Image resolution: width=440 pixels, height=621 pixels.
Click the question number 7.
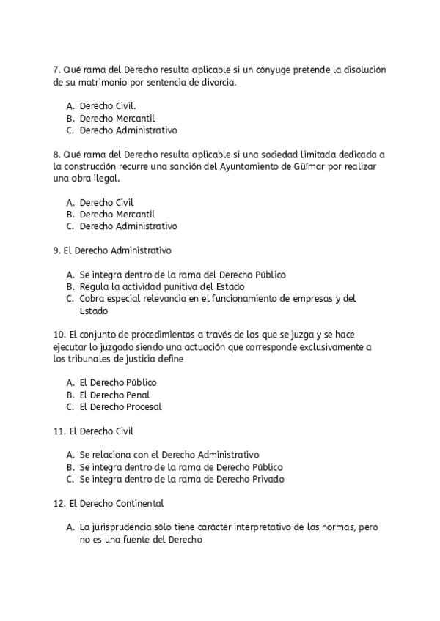click(57, 70)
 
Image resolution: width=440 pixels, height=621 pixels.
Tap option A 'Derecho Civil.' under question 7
click(107, 106)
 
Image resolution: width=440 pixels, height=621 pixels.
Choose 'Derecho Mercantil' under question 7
click(117, 118)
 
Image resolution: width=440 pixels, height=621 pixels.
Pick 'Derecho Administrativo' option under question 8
click(128, 226)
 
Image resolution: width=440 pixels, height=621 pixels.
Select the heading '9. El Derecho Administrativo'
click(112, 250)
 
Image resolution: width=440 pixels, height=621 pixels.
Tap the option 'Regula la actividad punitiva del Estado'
click(161, 286)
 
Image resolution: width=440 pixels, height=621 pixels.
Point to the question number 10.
click(60, 335)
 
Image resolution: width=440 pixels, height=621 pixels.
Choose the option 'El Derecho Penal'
click(114, 395)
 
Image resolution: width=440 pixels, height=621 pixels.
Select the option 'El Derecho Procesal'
click(120, 406)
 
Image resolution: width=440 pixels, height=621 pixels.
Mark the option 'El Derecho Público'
click(117, 382)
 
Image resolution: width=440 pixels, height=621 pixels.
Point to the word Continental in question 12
click(138, 503)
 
